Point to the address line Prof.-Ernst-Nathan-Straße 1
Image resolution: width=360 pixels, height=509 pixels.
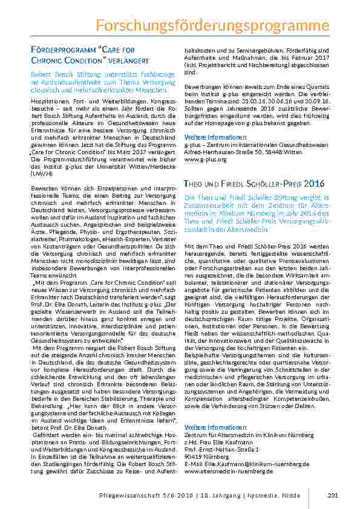coord(221,450)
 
